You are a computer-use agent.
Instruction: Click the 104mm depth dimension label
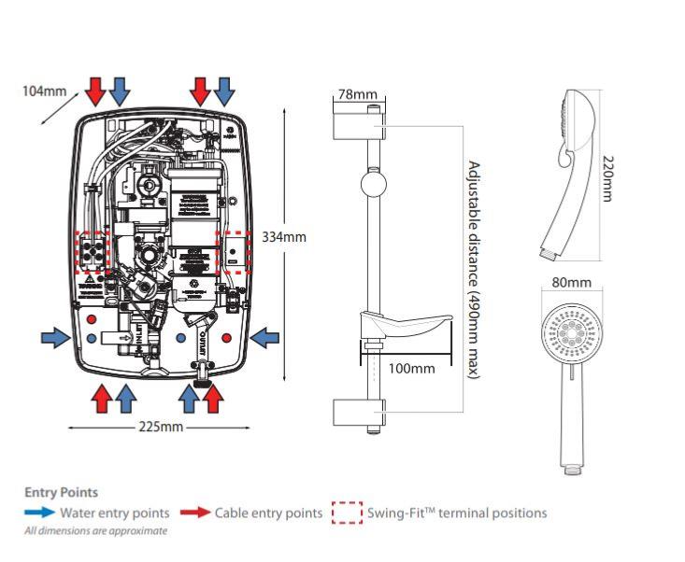[44, 91]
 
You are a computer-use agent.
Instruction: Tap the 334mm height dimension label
[285, 236]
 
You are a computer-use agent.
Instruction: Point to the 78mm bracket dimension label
[357, 94]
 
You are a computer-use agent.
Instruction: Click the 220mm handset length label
[607, 176]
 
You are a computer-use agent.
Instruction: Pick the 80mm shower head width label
[572, 282]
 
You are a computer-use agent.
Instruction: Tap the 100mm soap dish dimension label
[412, 368]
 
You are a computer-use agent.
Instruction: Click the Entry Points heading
[61, 492]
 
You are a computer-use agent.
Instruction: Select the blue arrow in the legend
[39, 513]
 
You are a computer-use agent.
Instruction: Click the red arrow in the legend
[194, 513]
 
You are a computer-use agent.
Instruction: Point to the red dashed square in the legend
[347, 513]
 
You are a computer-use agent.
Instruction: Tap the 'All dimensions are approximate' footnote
[96, 531]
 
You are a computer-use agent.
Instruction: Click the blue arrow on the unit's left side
[55, 335]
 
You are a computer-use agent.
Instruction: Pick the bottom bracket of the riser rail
[358, 412]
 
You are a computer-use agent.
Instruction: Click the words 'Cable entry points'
[268, 513]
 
